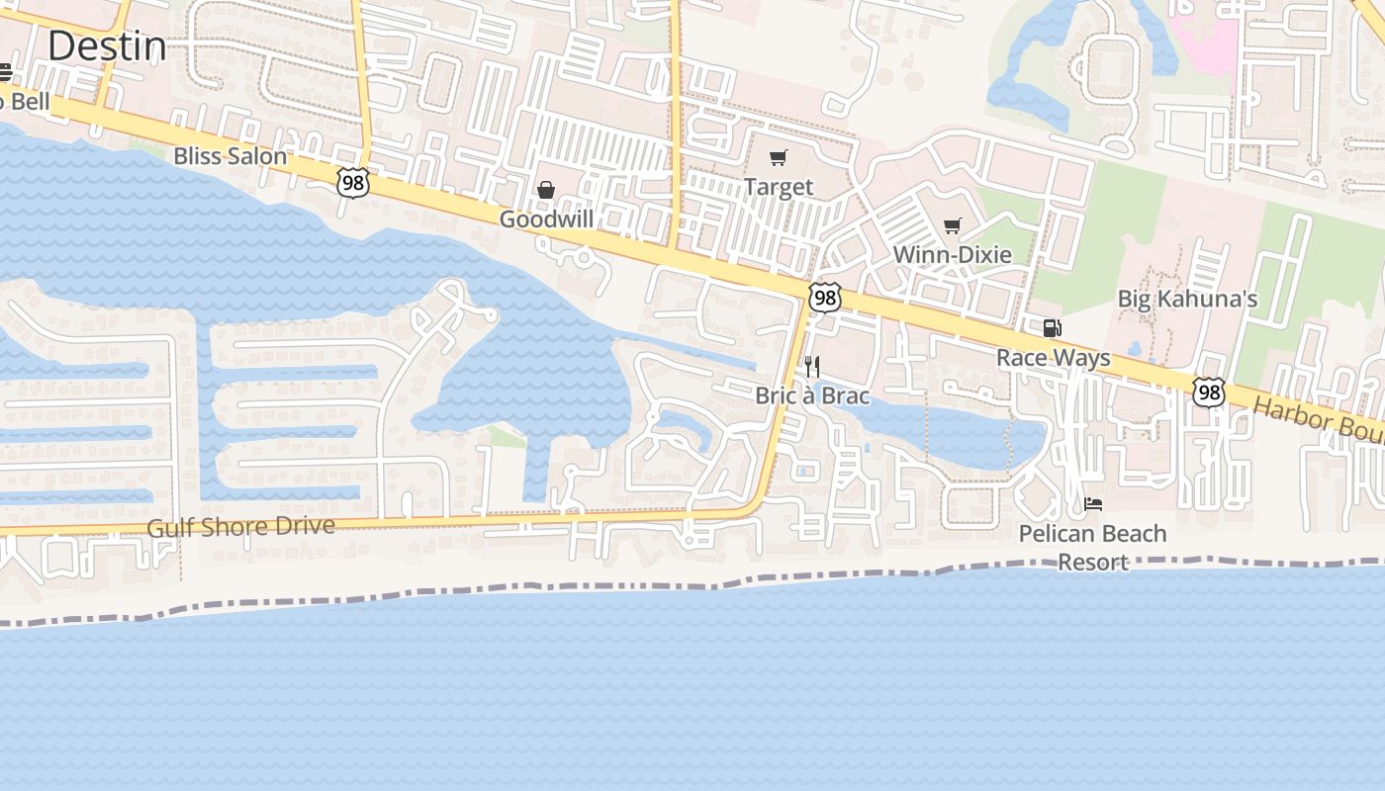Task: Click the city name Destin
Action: click(107, 46)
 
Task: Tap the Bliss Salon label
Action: click(230, 156)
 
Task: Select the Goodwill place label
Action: click(546, 220)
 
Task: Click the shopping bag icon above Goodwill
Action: click(545, 190)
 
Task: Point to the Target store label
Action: click(779, 187)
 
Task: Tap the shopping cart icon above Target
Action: click(779, 157)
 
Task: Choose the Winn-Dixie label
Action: click(952, 255)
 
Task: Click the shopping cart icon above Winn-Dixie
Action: click(952, 226)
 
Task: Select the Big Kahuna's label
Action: click(1187, 299)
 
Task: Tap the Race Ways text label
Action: click(1053, 358)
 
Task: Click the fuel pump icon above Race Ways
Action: click(1052, 328)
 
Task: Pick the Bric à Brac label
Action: click(812, 396)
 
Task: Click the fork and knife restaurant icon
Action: click(812, 367)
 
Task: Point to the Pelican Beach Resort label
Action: click(1093, 548)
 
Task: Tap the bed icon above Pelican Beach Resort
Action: click(1093, 504)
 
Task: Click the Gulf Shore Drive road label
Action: click(240, 527)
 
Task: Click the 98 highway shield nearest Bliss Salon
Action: click(352, 182)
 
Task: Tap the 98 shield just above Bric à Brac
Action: click(824, 297)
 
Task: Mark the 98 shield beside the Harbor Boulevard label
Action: click(1208, 392)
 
